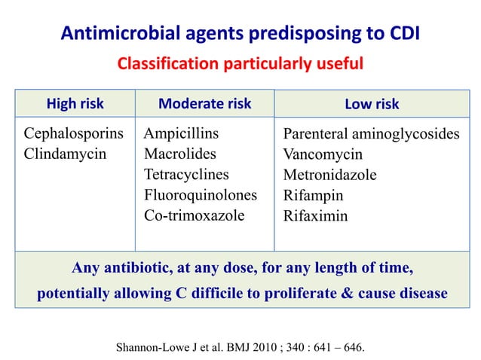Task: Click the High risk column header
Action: pos(75,104)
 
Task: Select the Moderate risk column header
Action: pos(204,104)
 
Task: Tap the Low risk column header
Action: pos(372,104)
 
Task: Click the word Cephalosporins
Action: pos(74,134)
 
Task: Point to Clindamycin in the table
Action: pos(65,154)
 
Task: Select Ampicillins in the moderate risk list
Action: pos(181,134)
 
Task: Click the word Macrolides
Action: pos(179,154)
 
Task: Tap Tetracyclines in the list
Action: pos(186,175)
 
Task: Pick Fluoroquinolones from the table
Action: pos(201,195)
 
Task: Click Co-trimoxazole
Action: pos(194,215)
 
